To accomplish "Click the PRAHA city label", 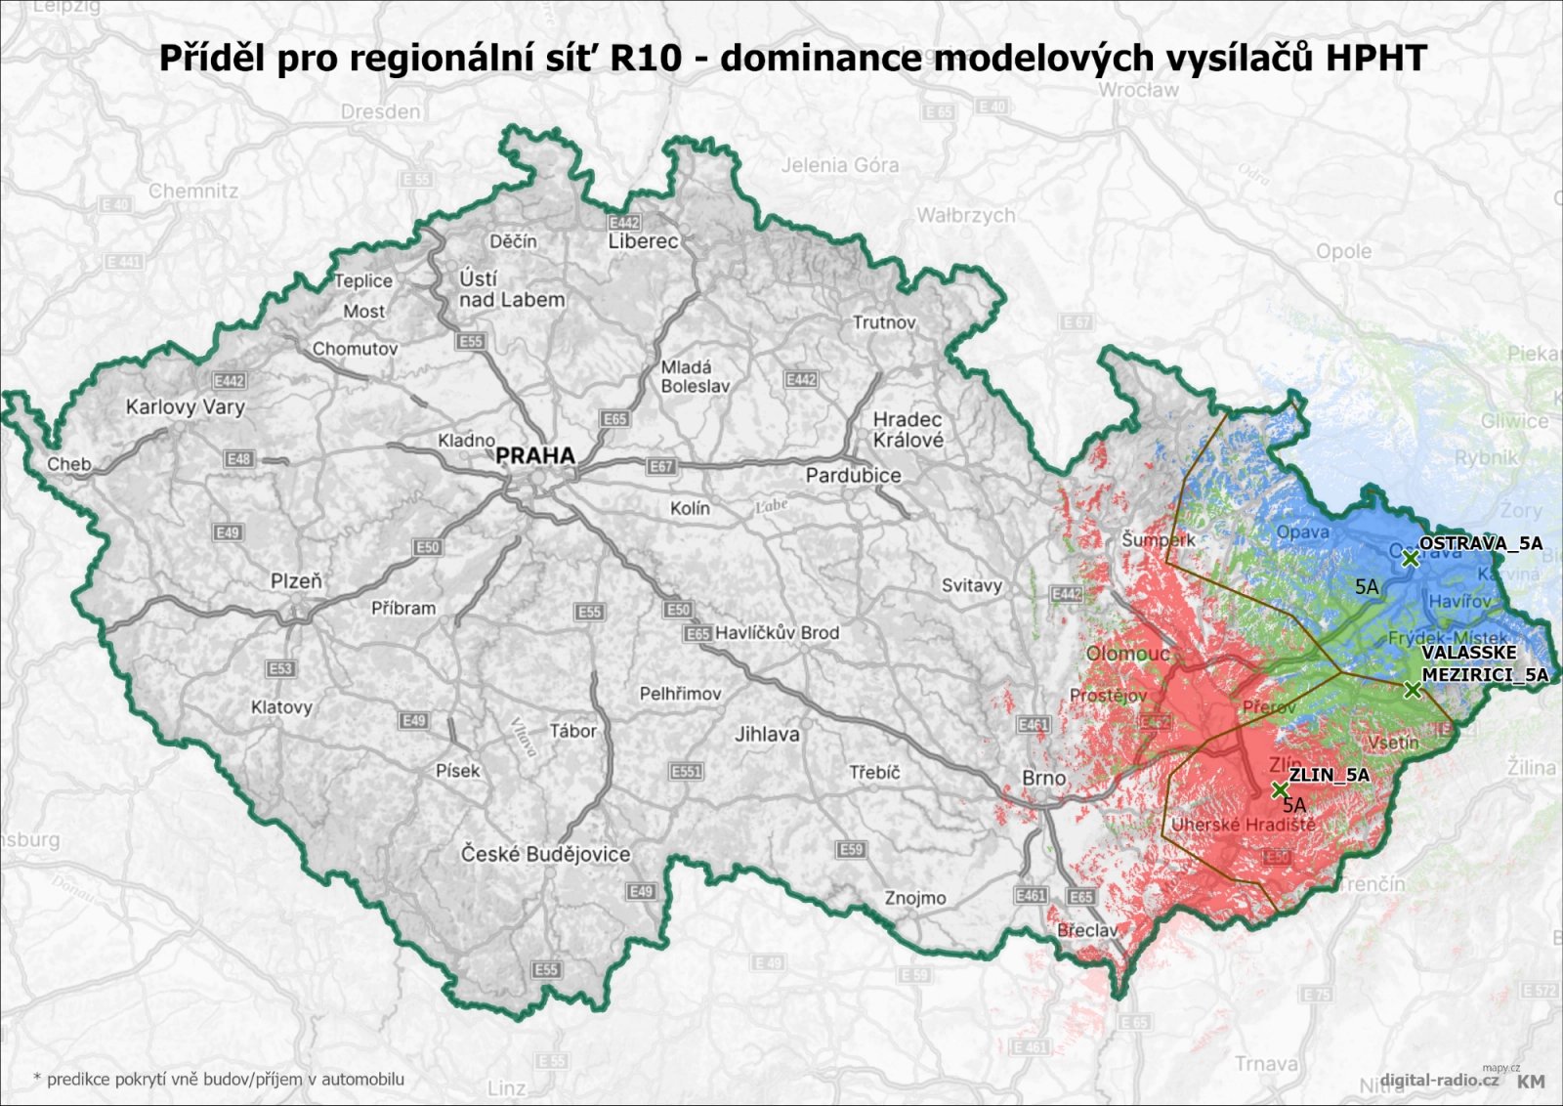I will (535, 455).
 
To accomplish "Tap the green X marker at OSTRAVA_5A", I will (1410, 559).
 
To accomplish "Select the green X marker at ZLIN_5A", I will (1280, 789).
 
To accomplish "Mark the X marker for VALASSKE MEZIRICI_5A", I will (1412, 690).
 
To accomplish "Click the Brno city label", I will (1043, 778).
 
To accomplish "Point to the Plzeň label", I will (296, 581).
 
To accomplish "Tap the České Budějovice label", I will (545, 854).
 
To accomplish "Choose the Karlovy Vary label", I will (186, 407).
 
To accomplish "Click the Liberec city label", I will (643, 241).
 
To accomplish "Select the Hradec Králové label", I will (908, 430).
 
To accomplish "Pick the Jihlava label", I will (767, 734).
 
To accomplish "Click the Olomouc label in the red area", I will (1128, 654).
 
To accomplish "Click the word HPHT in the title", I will (1375, 58).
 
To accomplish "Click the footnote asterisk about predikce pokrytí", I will (37, 1079).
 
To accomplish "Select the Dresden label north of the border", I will (381, 112).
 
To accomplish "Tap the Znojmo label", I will (915, 898).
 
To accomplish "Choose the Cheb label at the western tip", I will (69, 464).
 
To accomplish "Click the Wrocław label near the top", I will (1138, 90).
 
